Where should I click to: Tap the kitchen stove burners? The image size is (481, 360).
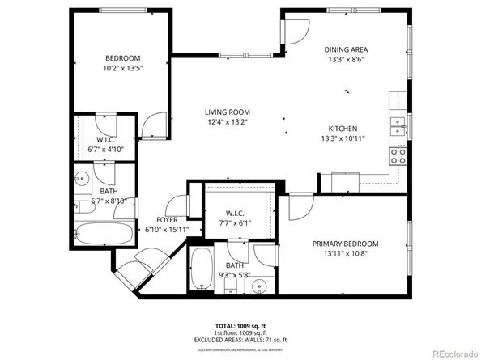(x=398, y=155)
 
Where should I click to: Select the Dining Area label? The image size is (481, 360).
(x=347, y=49)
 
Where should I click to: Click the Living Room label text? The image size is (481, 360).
(x=227, y=112)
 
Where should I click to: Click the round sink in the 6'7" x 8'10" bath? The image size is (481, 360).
(x=82, y=179)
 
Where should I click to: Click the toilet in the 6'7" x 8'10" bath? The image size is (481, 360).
(x=84, y=207)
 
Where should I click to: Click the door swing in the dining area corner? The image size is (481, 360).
(x=292, y=29)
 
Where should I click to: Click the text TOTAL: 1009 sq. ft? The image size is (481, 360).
(x=241, y=324)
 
